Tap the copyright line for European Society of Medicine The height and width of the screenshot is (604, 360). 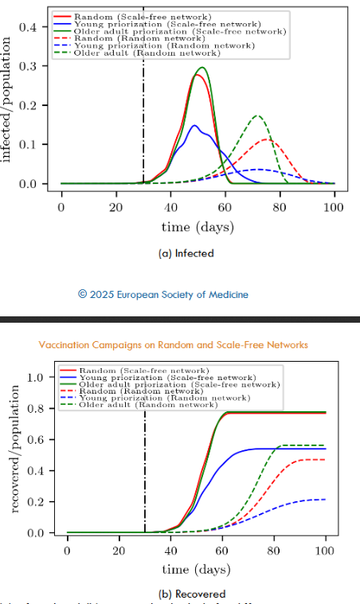162,294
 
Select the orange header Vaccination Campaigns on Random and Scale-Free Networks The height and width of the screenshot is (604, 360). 173,345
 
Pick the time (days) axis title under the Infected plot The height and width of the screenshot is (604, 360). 198,226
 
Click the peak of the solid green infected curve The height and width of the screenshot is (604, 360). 202,68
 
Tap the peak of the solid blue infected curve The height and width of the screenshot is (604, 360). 194,125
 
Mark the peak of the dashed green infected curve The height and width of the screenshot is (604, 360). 256,116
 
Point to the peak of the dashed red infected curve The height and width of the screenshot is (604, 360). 268,140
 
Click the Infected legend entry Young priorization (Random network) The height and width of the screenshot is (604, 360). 163,46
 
